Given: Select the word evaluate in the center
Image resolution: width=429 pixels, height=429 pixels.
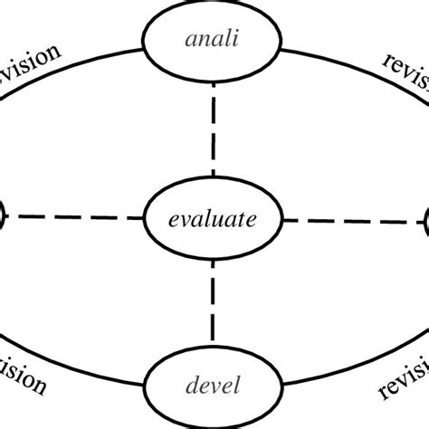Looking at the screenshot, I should [213, 218].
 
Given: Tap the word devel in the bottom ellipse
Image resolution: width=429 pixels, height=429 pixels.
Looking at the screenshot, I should [213, 386].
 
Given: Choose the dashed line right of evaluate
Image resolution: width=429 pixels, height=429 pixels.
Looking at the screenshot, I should [353, 219].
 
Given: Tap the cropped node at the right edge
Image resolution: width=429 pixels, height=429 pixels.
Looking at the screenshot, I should [425, 220].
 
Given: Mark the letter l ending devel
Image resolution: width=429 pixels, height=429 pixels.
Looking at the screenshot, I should [238, 386].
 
